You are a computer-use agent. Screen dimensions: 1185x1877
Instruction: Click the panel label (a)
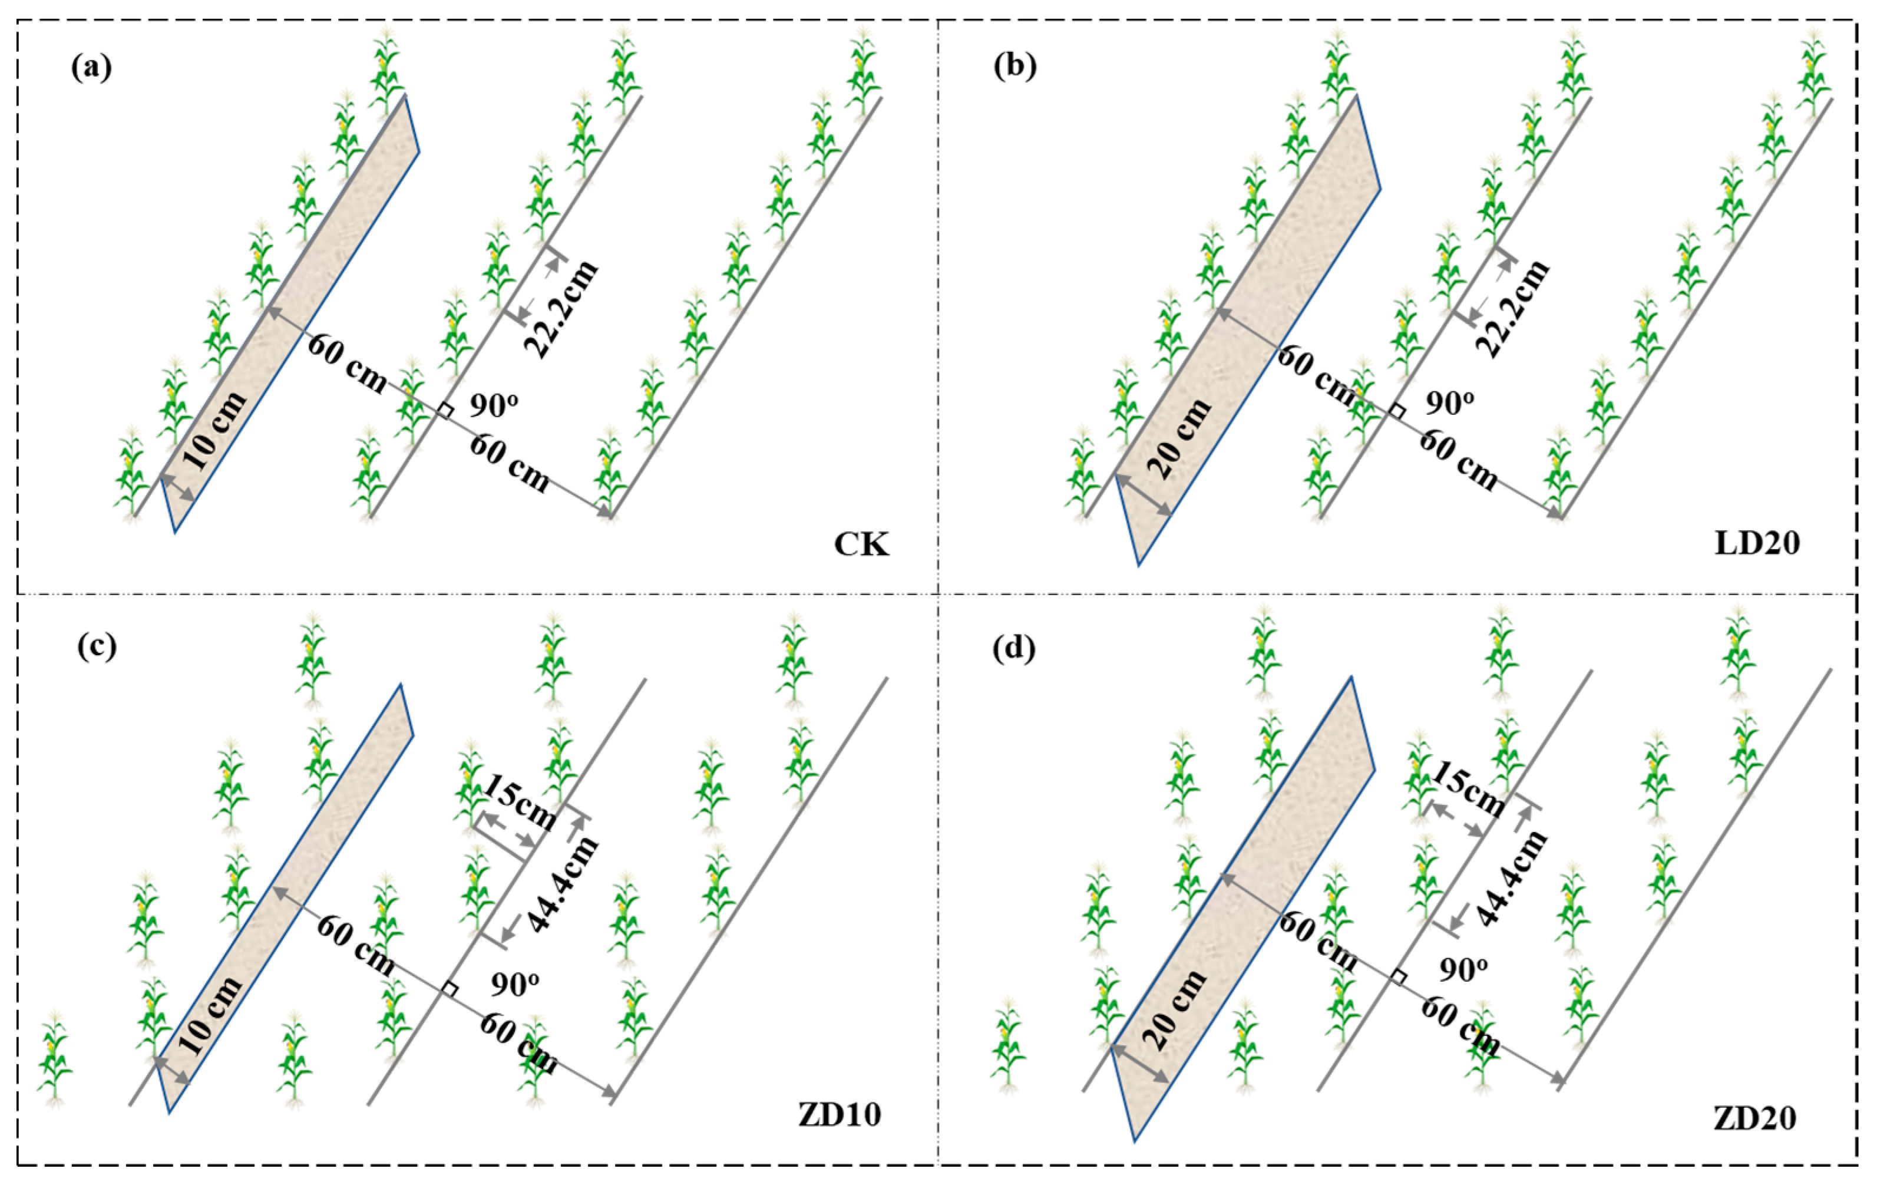coord(91,68)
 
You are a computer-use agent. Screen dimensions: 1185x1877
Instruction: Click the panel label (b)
coord(1015,68)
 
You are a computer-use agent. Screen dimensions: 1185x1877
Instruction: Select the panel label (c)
coord(97,647)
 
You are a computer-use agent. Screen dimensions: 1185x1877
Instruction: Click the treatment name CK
coord(861,544)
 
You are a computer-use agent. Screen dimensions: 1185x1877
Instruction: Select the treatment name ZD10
coord(839,1115)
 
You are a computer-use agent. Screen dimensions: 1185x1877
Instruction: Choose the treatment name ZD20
coord(1754,1119)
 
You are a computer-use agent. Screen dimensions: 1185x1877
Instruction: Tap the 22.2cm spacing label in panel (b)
coord(1512,309)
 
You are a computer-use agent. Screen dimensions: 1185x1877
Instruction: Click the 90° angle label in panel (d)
coord(1462,969)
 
